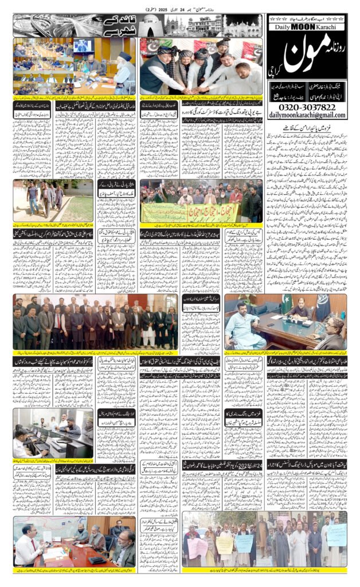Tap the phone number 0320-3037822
[307, 107]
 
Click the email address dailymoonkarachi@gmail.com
[307, 115]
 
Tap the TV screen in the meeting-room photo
[83, 46]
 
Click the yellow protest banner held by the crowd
[172, 213]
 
